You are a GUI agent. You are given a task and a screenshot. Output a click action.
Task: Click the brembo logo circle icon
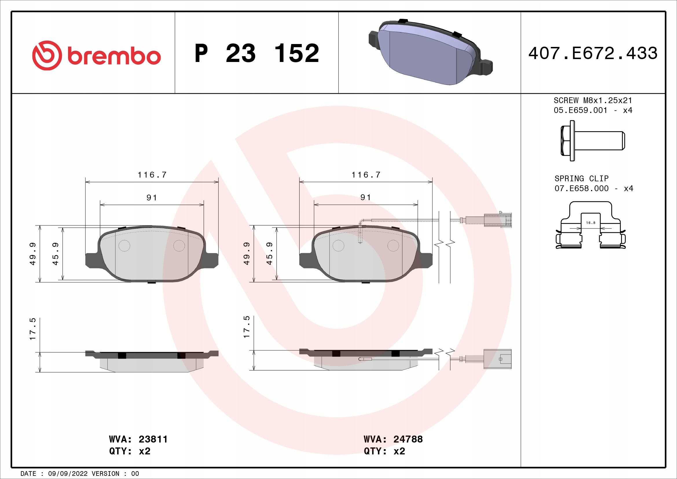tap(47, 55)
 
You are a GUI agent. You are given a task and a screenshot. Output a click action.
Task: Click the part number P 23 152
tap(256, 53)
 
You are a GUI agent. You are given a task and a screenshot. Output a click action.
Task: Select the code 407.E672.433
tap(593, 53)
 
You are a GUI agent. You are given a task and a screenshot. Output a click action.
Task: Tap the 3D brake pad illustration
tap(430, 53)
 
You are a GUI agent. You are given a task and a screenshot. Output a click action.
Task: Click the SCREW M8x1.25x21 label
tap(593, 100)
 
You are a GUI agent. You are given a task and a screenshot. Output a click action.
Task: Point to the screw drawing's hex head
tap(566, 141)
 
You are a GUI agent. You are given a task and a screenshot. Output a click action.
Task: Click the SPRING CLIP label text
tap(581, 178)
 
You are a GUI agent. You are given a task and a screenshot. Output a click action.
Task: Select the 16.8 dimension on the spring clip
tap(591, 223)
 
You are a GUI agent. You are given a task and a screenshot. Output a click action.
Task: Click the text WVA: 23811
tap(138, 439)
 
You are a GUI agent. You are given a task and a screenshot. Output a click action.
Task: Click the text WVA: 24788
tap(393, 439)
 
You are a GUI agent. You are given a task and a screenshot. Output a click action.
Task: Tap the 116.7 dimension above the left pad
tap(152, 175)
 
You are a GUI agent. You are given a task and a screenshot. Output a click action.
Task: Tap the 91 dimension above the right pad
tap(366, 197)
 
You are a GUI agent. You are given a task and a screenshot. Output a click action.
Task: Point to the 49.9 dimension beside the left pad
tap(32, 254)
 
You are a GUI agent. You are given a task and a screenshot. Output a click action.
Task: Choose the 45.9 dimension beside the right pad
tap(269, 254)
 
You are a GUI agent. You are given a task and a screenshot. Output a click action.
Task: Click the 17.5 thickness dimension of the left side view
tap(32, 329)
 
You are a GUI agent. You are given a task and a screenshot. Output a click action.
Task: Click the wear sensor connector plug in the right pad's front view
tap(498, 220)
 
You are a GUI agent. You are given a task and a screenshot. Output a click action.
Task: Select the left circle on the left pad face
tap(124, 245)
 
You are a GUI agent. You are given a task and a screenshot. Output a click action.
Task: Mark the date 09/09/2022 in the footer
tap(68, 474)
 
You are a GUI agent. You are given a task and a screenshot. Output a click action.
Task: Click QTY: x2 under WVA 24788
tap(384, 451)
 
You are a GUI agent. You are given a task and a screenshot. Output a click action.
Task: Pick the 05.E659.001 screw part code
tap(580, 110)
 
